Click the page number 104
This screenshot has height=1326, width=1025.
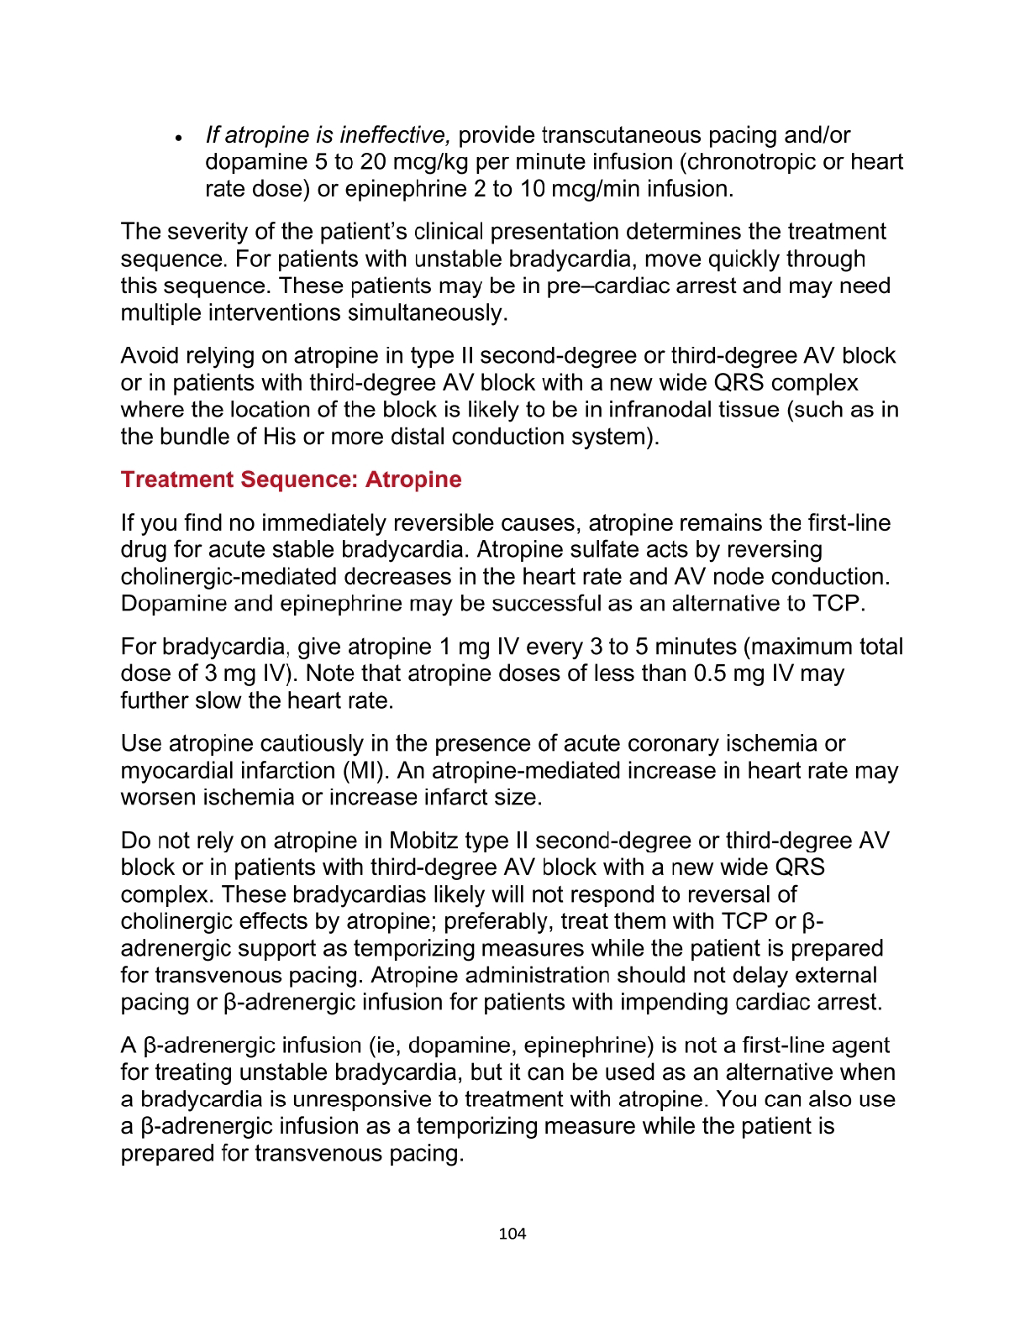point(512,1234)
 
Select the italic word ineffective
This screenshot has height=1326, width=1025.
point(395,135)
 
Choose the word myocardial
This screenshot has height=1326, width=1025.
point(174,771)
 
